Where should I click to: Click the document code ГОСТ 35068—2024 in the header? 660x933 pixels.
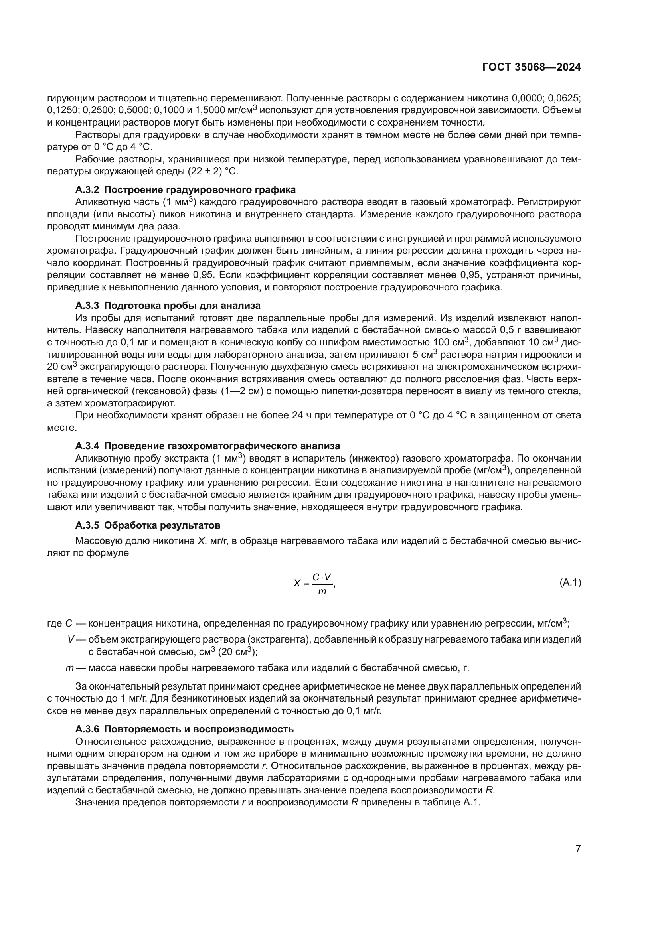point(531,67)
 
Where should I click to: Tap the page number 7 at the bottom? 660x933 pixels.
point(578,860)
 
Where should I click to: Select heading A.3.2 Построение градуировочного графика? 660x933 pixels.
point(185,190)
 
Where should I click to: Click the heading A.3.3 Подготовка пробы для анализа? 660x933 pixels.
point(168,305)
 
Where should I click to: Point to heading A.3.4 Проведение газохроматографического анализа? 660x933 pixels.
point(207,446)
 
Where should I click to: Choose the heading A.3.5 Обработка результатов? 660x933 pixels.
point(148,525)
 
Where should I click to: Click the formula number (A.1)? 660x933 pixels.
point(570,583)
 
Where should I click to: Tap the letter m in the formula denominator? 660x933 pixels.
point(322,592)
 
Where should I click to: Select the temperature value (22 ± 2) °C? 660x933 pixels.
point(213,172)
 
